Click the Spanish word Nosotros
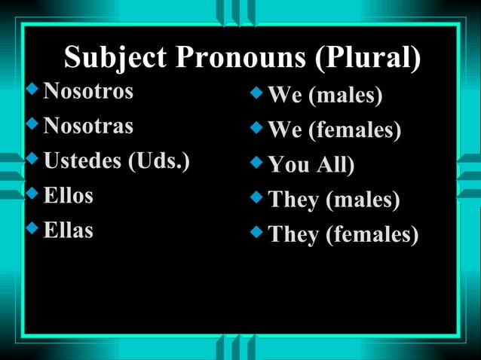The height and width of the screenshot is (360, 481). click(88, 91)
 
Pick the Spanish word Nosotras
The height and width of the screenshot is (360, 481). click(88, 125)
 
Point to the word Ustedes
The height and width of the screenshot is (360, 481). click(84, 160)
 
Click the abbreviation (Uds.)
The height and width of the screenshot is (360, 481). click(160, 160)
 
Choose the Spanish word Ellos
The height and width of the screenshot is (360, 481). click(69, 195)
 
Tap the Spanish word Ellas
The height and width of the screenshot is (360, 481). click(69, 230)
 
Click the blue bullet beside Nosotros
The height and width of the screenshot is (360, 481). click(31, 90)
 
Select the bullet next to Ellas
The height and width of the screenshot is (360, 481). click(31, 227)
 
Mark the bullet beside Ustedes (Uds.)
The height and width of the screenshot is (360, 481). click(31, 158)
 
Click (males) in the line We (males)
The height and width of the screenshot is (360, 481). click(345, 96)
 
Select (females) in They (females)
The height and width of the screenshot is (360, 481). click(372, 235)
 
